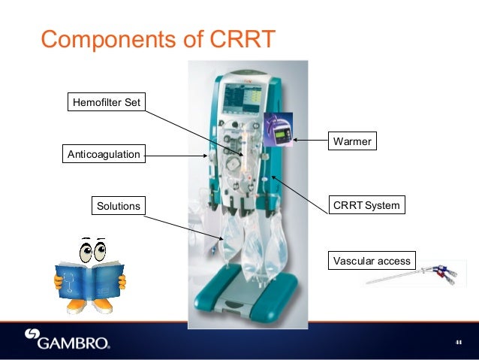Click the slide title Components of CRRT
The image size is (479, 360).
[x=158, y=38]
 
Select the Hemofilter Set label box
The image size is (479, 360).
[x=105, y=101]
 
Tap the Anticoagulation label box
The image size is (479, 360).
[x=104, y=154]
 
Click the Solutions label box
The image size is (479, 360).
[x=119, y=205]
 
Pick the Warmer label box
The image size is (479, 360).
[x=351, y=141]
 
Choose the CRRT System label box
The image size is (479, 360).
[x=367, y=205]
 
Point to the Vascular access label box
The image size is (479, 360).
[x=371, y=261]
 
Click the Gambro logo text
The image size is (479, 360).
[x=76, y=343]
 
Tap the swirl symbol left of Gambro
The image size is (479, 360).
[x=32, y=339]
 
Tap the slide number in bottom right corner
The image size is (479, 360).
[x=457, y=342]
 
